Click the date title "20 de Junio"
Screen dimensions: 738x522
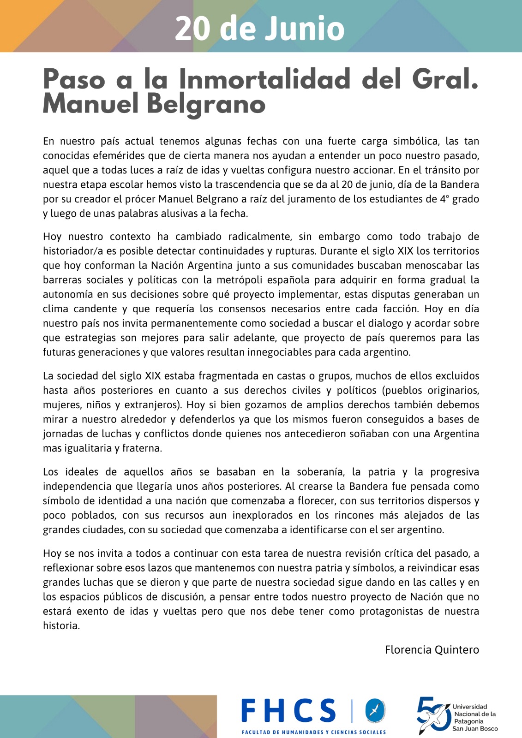(x=260, y=29)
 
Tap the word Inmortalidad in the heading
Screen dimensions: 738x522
(x=264, y=79)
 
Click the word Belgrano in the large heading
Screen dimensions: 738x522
(x=206, y=104)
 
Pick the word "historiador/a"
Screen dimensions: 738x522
(x=73, y=251)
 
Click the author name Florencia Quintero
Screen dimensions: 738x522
(x=432, y=650)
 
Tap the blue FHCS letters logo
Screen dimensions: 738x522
(x=289, y=710)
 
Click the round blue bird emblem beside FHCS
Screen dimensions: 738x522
(x=375, y=711)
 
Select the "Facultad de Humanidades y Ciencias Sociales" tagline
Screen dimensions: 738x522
(x=314, y=732)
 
